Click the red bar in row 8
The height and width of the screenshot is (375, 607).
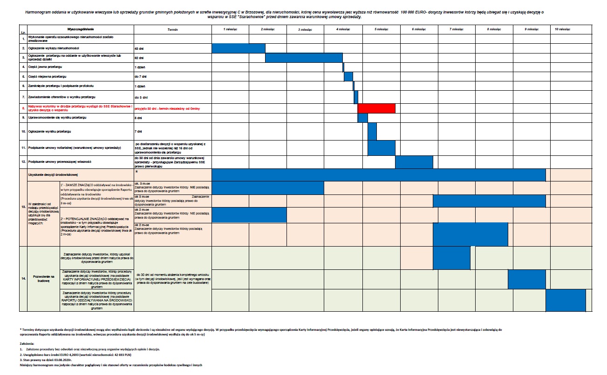coord(376,108)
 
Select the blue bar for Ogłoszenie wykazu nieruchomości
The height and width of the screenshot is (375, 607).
coord(239,48)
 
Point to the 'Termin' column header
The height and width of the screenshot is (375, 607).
coord(172,29)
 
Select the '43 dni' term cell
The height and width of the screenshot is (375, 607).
coord(138,48)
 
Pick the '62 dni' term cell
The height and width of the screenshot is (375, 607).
coord(139,58)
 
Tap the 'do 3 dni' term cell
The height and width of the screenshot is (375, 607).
coord(141,97)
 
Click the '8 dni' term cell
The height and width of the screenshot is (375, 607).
coord(138,118)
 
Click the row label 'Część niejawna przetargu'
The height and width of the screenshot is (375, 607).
coord(46,77)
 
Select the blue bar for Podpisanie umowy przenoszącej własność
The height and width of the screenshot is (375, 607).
coord(414,162)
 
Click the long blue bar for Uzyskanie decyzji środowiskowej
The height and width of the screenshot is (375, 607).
coord(378,174)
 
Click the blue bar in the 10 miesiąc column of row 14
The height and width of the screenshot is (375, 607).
coord(565,300)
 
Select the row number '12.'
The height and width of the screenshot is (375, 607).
coord(23,162)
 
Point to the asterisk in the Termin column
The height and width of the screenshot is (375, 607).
coord(136,172)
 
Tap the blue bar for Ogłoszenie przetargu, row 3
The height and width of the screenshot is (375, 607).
coord(304,58)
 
